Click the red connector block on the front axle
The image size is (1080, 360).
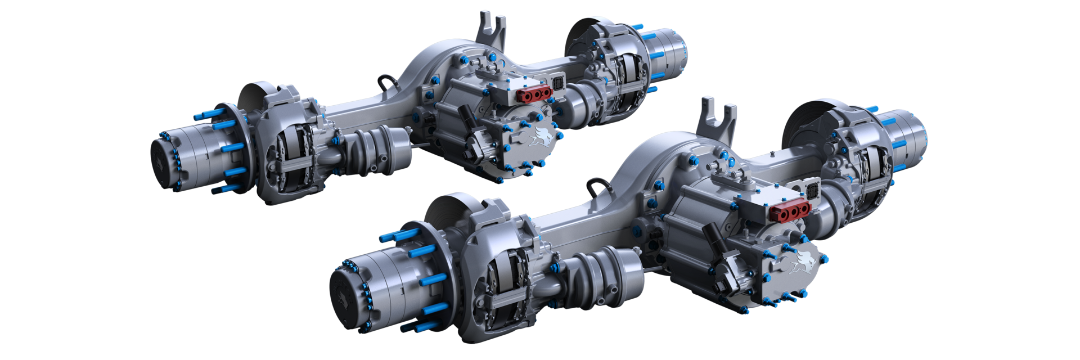coord(790,211)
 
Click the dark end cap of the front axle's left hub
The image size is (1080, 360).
coord(345,299)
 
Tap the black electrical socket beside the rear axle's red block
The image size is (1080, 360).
coord(559,83)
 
